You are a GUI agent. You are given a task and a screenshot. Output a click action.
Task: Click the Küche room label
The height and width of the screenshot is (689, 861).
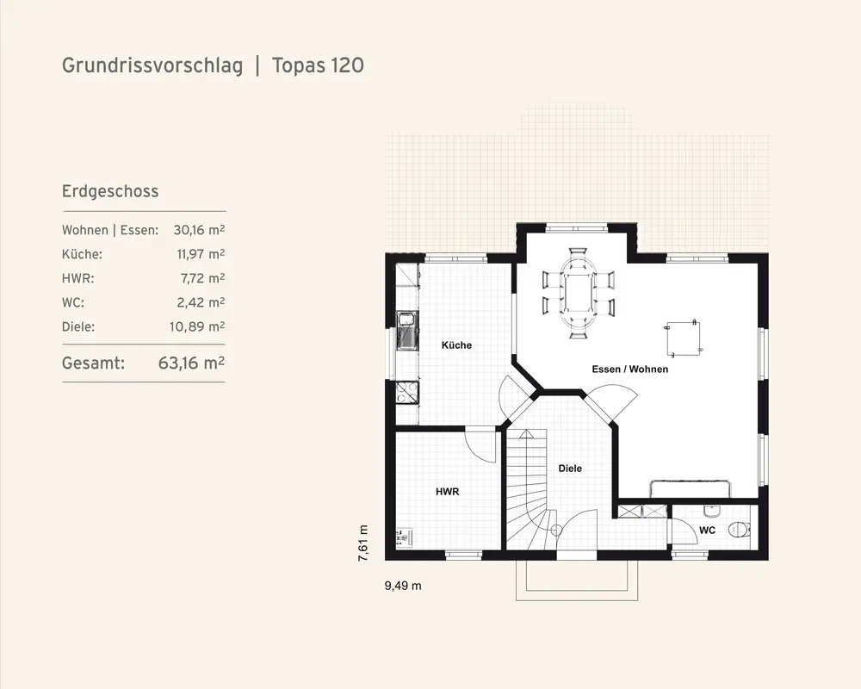[x=456, y=345]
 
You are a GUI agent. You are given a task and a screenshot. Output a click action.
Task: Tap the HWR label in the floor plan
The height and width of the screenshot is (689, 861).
[x=447, y=492]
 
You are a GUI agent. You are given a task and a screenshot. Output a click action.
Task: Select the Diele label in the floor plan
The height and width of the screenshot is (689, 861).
[x=570, y=469]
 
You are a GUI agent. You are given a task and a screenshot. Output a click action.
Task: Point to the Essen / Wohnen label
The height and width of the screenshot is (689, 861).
[x=630, y=369]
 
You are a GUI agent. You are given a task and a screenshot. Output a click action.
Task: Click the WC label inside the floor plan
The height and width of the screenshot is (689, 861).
[x=707, y=531]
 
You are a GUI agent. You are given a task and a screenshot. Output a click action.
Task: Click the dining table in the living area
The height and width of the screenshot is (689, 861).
[x=578, y=292]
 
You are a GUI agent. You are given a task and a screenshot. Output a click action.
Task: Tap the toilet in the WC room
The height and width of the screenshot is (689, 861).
[x=739, y=530]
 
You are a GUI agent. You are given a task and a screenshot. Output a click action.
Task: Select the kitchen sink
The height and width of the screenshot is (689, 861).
[x=407, y=330]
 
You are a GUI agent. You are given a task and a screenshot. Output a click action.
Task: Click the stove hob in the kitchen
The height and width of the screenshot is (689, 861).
[x=407, y=393]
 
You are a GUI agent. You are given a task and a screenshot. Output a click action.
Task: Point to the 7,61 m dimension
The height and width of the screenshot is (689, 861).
[x=363, y=543]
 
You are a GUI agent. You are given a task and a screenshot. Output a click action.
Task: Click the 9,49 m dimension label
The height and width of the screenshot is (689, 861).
[x=403, y=586]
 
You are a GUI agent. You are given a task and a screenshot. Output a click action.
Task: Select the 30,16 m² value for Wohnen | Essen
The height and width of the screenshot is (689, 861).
[x=199, y=230]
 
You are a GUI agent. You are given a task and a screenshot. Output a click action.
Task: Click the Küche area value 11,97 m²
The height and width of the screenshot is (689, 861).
[x=201, y=254]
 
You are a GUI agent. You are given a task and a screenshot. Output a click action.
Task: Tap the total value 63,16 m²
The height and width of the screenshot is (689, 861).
[x=191, y=363]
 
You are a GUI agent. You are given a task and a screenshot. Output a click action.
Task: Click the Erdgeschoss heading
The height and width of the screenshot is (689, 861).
[x=110, y=191]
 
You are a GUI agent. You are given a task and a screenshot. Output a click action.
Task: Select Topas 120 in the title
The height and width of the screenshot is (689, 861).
[x=318, y=65]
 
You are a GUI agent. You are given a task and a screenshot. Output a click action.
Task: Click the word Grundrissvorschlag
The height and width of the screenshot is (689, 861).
[x=152, y=65]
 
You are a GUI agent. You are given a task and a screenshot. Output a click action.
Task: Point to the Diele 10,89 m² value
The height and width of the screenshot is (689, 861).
[x=197, y=326]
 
